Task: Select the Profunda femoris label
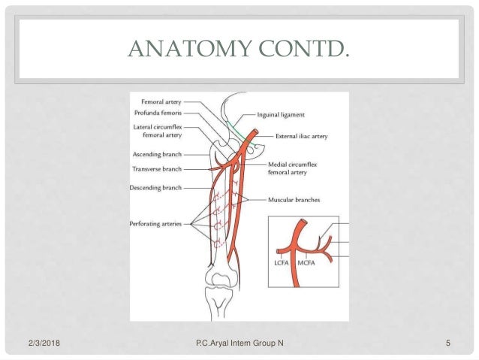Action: pyautogui.click(x=158, y=112)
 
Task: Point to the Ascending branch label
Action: pyautogui.click(x=156, y=154)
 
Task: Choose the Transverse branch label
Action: pyautogui.click(x=156, y=169)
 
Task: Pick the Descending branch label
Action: pyautogui.click(x=155, y=186)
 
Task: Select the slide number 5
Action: pyautogui.click(x=447, y=343)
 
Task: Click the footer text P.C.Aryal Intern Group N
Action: pyautogui.click(x=239, y=343)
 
